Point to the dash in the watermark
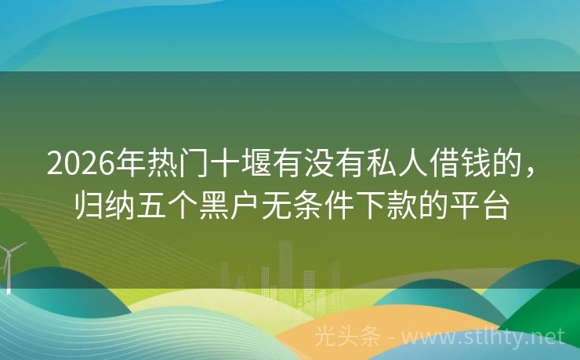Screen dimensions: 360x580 coord(390,337)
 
